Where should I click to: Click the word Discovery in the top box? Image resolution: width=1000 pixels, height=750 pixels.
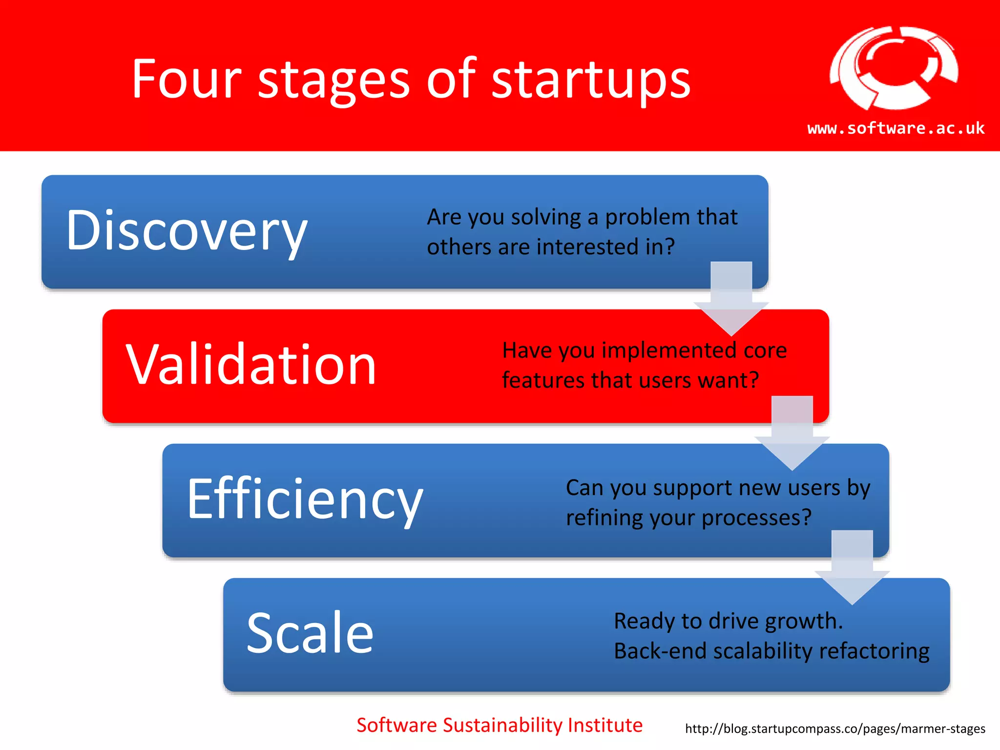[x=187, y=230]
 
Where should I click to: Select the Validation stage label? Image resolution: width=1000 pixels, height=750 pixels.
[x=251, y=365]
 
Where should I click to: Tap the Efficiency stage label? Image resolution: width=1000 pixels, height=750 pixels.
[x=305, y=499]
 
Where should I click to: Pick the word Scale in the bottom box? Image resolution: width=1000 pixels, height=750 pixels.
[x=310, y=633]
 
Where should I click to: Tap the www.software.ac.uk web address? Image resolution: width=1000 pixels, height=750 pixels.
[x=896, y=128]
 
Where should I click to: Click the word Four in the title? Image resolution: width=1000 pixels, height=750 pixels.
[x=187, y=79]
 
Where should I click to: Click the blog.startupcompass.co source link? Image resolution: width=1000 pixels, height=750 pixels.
[x=835, y=729]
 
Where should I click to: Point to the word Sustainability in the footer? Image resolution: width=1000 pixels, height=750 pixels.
[x=503, y=726]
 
